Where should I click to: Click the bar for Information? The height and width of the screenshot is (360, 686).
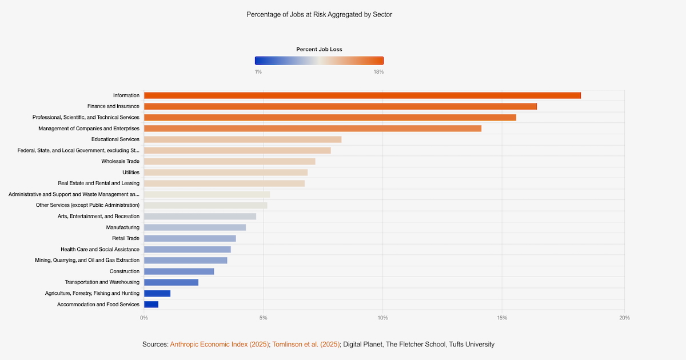(x=362, y=95)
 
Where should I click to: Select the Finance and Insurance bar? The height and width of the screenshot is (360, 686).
(x=340, y=106)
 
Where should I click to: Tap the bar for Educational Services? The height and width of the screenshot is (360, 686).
(x=242, y=139)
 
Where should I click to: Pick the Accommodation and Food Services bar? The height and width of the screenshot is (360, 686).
(x=151, y=305)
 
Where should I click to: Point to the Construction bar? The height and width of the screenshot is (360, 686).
(x=179, y=271)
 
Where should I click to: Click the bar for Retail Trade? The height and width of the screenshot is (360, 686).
(x=190, y=238)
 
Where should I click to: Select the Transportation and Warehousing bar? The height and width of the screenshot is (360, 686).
(x=171, y=282)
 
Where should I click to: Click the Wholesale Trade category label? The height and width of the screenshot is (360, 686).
(x=120, y=161)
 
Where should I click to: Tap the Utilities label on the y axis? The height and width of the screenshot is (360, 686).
(x=130, y=173)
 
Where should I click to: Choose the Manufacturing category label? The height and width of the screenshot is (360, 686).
(x=122, y=227)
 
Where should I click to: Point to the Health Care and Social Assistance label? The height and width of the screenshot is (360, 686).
(x=100, y=249)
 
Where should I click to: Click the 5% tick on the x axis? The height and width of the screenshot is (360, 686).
(x=264, y=318)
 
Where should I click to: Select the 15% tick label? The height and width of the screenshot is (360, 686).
(x=501, y=318)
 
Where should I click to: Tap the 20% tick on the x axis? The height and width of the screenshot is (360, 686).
(x=624, y=318)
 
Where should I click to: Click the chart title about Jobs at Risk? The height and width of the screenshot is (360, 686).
(x=319, y=14)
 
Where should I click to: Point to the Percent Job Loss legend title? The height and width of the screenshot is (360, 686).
(x=319, y=50)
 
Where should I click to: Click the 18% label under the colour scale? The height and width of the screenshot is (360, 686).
(x=378, y=71)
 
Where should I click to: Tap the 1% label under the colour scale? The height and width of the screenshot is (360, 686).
(x=258, y=71)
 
